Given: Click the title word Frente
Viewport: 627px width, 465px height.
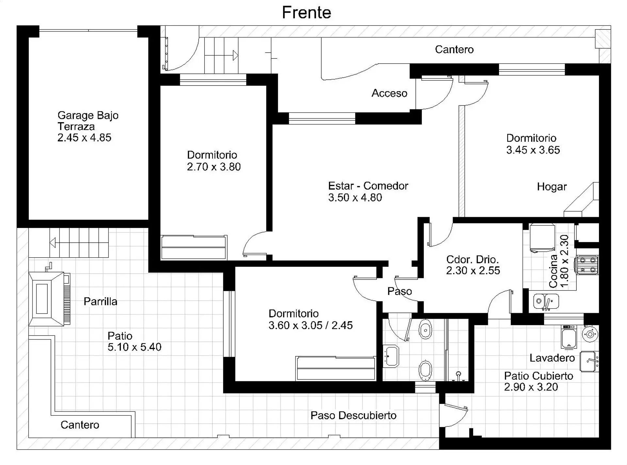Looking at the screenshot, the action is (306, 13).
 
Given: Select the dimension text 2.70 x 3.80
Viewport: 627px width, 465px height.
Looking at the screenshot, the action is (214, 167).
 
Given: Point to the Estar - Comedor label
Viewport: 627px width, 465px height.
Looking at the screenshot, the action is (368, 186).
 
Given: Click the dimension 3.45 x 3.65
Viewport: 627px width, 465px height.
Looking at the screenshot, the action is (533, 150).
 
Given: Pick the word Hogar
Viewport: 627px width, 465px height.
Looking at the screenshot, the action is (552, 187).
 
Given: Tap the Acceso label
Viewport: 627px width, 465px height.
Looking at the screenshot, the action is (389, 93).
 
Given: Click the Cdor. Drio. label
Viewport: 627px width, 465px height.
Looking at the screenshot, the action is (472, 260).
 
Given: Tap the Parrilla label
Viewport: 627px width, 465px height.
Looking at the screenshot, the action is (100, 301).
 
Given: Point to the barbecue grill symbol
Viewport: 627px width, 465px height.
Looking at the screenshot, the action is (49, 298).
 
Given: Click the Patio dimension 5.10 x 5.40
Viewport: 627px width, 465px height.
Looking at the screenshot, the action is (135, 347).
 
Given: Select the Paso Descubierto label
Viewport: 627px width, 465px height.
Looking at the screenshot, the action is (353, 415).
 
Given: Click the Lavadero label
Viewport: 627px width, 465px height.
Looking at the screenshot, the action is (552, 358).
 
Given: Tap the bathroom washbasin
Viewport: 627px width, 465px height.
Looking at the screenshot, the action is (391, 356).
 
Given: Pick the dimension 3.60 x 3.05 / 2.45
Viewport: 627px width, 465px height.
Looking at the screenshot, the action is (311, 326).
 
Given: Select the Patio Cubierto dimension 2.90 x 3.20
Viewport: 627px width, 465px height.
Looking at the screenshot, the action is (531, 387).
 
